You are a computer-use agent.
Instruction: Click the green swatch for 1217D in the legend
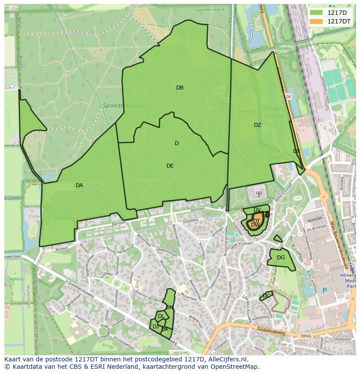(x=316, y=13)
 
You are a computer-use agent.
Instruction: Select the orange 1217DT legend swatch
(x=316, y=21)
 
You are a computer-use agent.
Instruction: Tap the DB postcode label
(x=180, y=88)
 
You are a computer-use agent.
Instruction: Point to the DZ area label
(x=257, y=125)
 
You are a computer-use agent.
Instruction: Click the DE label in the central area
(x=170, y=166)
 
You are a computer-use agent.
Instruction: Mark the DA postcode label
(x=79, y=185)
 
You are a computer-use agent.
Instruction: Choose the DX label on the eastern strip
(x=297, y=151)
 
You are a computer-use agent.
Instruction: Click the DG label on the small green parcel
(x=281, y=258)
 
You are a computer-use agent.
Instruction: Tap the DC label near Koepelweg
(x=267, y=295)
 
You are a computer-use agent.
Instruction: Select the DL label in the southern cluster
(x=161, y=316)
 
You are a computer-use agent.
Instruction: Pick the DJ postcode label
(x=155, y=326)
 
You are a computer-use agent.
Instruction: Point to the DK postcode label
(x=165, y=329)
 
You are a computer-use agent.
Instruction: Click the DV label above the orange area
(x=257, y=210)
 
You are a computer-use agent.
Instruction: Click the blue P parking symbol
(x=324, y=290)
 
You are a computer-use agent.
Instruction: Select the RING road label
(x=307, y=336)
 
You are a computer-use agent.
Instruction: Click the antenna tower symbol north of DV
(x=258, y=193)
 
